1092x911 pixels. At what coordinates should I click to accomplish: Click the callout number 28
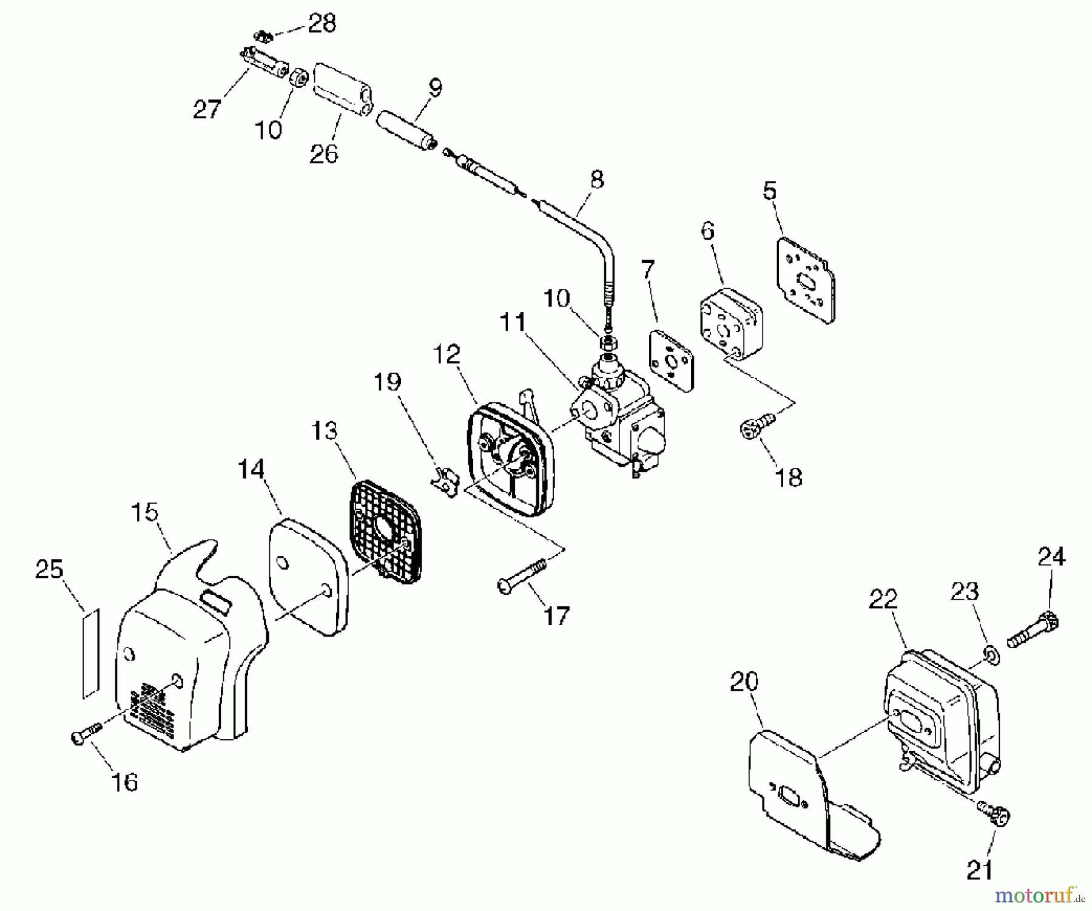tap(322, 24)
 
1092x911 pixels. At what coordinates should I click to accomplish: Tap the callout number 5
tap(769, 191)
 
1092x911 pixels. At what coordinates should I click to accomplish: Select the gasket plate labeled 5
tap(806, 280)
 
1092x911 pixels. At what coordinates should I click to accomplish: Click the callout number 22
tap(883, 600)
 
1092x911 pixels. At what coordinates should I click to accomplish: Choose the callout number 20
tap(744, 682)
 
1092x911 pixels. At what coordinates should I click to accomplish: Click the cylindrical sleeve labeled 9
tap(406, 128)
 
